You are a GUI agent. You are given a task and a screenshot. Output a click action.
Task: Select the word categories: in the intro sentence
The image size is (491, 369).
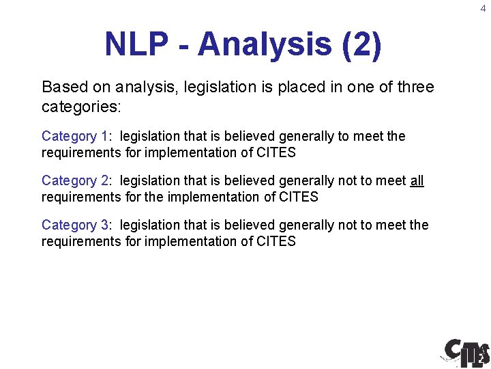(80, 107)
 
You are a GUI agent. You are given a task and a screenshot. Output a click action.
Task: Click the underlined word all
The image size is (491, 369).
(417, 181)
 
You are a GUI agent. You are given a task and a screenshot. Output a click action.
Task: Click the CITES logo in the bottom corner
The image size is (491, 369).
(466, 351)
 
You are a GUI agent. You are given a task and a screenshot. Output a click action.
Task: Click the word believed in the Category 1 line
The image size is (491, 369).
(236, 137)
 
